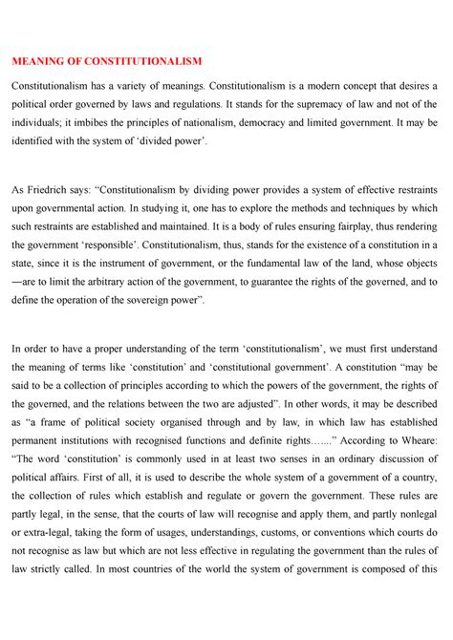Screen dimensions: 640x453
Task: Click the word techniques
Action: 376,208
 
